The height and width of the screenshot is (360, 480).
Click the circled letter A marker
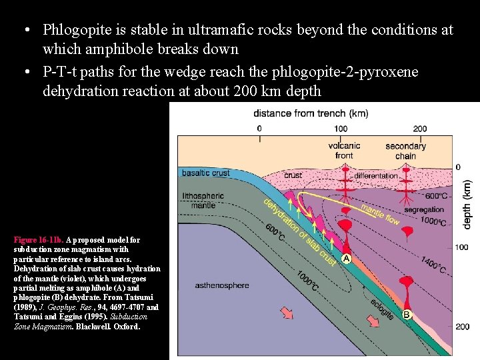tap(347, 258)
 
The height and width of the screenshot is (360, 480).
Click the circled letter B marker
tap(405, 313)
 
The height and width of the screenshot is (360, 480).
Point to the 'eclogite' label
tap(381, 307)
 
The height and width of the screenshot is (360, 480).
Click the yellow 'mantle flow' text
tap(380, 215)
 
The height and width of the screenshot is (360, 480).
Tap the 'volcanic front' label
tap(345, 151)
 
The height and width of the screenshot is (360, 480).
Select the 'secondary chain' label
tap(405, 151)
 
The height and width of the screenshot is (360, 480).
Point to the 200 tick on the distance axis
tap(420, 129)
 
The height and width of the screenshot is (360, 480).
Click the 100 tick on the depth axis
tap(462, 247)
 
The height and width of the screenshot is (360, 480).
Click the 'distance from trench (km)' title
tap(311, 113)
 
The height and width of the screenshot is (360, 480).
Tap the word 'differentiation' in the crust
tap(376, 176)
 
